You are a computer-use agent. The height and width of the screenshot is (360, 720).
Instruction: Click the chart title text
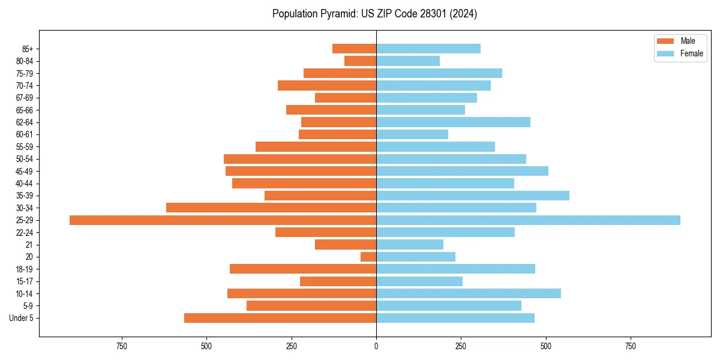click(x=374, y=14)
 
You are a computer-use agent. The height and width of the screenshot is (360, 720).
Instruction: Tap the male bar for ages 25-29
click(x=223, y=220)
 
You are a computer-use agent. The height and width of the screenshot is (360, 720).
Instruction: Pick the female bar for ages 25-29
click(x=528, y=220)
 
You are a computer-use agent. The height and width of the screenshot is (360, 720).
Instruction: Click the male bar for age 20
click(x=368, y=257)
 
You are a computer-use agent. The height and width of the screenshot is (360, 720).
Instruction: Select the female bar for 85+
click(x=428, y=49)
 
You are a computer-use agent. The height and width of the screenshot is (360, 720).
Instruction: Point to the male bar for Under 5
click(x=280, y=318)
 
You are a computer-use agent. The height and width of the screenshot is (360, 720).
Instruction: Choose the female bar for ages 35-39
click(x=473, y=196)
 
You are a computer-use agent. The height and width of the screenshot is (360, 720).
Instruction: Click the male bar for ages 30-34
click(x=271, y=208)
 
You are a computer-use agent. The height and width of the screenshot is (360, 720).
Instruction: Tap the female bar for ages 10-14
click(x=469, y=293)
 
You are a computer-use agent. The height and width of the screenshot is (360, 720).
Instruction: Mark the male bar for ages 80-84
click(x=361, y=61)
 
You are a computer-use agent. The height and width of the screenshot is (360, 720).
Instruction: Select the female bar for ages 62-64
click(x=453, y=122)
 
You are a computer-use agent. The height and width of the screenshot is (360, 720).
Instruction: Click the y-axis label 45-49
click(x=24, y=171)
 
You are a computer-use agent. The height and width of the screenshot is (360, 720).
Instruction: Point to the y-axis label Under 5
click(x=22, y=318)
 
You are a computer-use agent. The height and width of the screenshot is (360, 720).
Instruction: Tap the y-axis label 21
click(x=29, y=245)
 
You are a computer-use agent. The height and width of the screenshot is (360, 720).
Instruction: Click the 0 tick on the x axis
click(x=376, y=346)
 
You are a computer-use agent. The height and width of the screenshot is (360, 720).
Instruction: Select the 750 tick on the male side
click(x=122, y=346)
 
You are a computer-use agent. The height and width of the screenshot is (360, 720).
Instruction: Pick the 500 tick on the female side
click(x=545, y=346)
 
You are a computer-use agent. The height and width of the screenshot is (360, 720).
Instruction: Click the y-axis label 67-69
click(x=24, y=98)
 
